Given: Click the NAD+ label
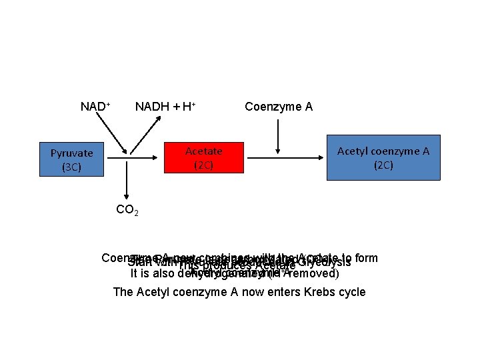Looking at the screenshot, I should click(95, 107).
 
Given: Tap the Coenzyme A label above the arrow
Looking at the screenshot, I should click(279, 107).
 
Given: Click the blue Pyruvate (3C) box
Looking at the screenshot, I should click(72, 160).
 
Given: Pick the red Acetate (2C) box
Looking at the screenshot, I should click(203, 159).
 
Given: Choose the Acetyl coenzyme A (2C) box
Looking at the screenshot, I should click(383, 157).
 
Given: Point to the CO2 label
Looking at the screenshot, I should click(127, 210).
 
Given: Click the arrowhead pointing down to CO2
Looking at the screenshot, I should click(127, 195).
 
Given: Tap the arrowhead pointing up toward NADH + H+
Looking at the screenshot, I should click(161, 117).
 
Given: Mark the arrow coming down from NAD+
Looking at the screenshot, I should click(113, 133).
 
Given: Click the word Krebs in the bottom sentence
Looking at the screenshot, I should click(305, 292).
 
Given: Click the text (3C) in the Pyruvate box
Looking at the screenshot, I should click(71, 167).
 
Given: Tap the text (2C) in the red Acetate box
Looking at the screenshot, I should click(203, 165).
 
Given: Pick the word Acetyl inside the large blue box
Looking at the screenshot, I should click(354, 151).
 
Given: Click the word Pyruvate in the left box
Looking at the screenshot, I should click(71, 153).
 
